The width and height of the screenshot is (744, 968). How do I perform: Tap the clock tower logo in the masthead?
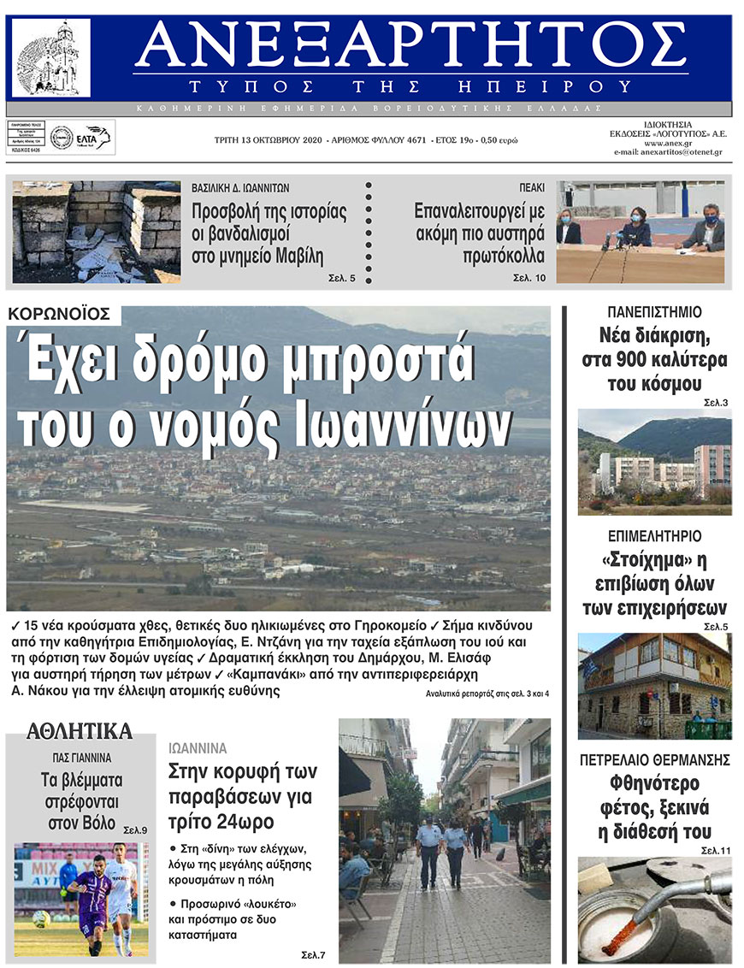[51, 57]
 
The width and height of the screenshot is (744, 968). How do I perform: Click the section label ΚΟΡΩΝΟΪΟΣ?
[59, 314]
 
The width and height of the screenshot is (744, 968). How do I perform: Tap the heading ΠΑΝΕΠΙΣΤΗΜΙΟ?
[654, 312]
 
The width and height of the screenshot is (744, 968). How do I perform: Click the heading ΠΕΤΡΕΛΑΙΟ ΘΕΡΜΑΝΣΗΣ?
[654, 758]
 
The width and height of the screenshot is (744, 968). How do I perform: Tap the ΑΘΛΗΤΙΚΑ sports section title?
[80, 731]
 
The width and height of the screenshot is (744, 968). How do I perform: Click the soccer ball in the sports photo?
[39, 918]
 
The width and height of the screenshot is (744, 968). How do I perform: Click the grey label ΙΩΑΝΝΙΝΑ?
[197, 748]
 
